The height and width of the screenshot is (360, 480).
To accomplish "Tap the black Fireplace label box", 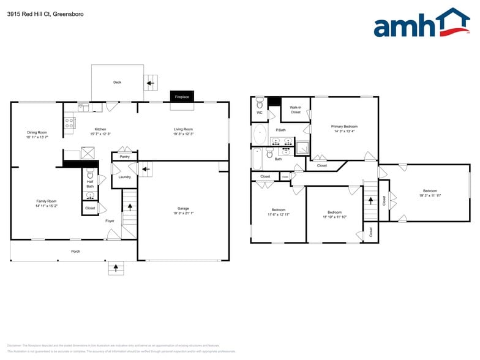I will coord(182,97).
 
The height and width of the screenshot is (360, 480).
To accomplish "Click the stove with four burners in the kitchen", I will coord(69,126).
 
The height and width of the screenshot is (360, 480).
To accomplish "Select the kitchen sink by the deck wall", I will coord(83,107).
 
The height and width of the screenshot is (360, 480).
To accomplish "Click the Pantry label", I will coord(124,157).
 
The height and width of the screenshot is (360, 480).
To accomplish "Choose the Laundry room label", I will coord(124,177).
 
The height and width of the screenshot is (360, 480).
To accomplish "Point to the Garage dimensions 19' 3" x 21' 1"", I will coord(183,214).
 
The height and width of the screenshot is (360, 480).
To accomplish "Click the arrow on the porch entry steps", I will coord(116,268).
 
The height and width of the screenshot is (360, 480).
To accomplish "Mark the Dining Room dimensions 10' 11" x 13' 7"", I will coord(37,138).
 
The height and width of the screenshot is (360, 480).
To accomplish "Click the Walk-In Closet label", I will coord(296,110).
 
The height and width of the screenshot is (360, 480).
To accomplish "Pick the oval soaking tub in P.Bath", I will coord(260,133).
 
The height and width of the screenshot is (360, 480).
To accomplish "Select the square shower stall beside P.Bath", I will coord(302,147).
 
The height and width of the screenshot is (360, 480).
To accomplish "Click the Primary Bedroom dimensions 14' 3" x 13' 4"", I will coord(345,131).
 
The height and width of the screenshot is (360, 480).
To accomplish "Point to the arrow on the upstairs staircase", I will coord(370,200).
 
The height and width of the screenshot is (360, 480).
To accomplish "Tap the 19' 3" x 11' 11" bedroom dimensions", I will coord(430,195).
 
